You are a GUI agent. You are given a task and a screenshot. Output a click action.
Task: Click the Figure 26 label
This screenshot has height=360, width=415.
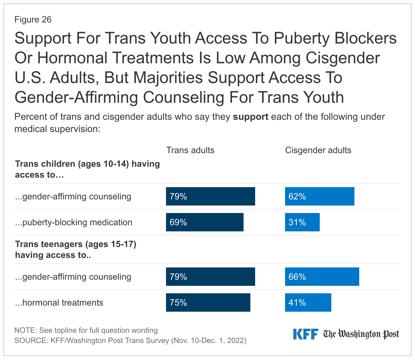(33, 19)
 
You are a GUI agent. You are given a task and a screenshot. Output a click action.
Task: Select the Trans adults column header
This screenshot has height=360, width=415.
(190, 150)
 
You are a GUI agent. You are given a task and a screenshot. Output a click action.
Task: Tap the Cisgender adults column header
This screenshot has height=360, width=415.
(318, 150)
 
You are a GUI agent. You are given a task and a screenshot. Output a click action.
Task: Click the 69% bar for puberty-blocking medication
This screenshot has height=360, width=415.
(204, 222)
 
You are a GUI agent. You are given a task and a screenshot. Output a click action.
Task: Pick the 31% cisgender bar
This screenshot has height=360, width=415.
(302, 222)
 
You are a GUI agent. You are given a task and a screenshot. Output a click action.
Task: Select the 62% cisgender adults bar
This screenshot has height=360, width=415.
(319, 196)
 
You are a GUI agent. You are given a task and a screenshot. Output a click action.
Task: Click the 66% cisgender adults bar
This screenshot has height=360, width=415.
(322, 277)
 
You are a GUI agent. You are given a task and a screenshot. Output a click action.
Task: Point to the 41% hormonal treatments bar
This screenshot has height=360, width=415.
(308, 302)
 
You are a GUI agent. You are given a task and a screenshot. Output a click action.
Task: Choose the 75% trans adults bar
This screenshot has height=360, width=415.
(208, 302)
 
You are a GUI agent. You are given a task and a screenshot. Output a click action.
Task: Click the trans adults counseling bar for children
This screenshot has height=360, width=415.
(210, 196)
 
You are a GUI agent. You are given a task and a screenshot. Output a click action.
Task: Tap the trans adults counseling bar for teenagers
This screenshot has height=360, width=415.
(210, 277)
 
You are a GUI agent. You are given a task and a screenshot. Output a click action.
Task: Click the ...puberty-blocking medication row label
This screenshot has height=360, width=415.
(73, 222)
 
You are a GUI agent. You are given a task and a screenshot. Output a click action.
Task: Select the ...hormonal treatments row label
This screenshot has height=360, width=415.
(59, 302)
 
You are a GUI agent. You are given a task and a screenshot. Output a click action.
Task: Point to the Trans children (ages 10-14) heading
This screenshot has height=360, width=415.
(87, 169)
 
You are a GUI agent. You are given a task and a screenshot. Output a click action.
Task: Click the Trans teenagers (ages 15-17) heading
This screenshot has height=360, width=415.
(76, 249)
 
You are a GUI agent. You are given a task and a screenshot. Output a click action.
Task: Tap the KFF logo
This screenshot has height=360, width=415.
(305, 334)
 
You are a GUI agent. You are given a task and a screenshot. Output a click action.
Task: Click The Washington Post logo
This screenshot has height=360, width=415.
(361, 334)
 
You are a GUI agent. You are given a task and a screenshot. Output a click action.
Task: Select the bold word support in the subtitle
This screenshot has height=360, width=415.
(250, 117)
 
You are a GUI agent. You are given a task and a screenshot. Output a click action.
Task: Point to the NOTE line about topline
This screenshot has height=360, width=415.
(86, 330)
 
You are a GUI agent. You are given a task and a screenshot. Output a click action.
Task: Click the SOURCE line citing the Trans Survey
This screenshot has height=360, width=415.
(130, 340)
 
